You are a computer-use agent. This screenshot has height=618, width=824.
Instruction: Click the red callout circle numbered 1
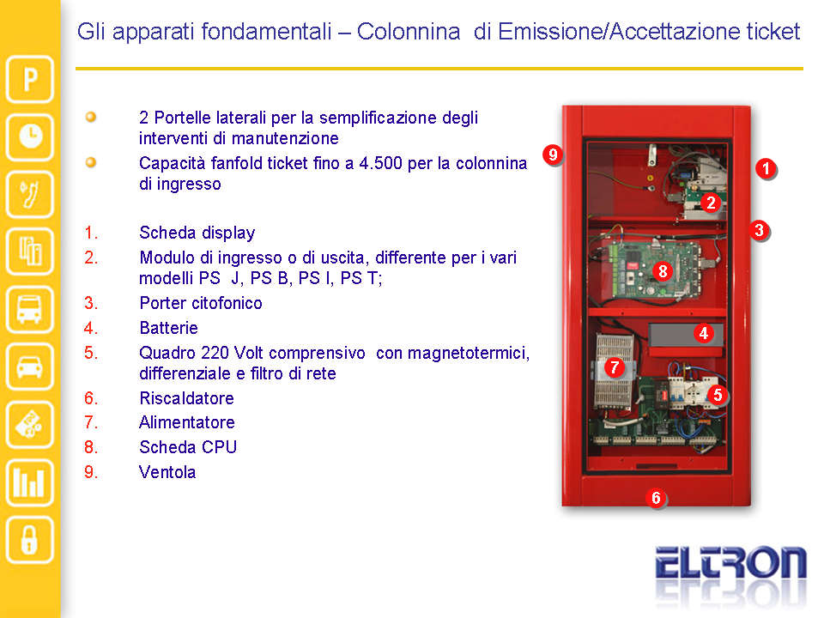766,169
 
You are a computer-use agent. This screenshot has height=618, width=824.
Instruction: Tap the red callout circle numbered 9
552,154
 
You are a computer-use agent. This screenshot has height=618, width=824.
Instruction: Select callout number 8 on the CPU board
663,271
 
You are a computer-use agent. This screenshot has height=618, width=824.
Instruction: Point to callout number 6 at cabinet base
656,498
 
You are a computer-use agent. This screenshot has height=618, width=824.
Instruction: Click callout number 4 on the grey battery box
704,333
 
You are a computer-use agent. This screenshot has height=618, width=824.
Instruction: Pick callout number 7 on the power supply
615,367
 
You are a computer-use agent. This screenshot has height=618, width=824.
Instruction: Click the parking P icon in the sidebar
30,79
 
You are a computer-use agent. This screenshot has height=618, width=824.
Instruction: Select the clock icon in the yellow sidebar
30,137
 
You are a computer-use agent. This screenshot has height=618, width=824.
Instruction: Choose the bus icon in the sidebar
30,310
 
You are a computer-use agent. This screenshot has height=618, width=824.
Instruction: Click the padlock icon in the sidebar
30,540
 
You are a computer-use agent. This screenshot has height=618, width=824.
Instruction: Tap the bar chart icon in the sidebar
30,482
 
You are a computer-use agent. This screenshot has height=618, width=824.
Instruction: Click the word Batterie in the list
169,328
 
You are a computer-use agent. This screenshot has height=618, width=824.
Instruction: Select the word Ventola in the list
167,472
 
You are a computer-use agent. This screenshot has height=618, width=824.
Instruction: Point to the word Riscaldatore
186,397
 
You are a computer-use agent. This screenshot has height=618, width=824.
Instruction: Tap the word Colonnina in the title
409,32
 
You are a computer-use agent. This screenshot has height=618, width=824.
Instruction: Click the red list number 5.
91,353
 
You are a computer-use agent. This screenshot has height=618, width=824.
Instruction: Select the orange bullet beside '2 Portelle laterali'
91,117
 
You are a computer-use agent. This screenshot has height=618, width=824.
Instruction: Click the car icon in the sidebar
30,367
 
